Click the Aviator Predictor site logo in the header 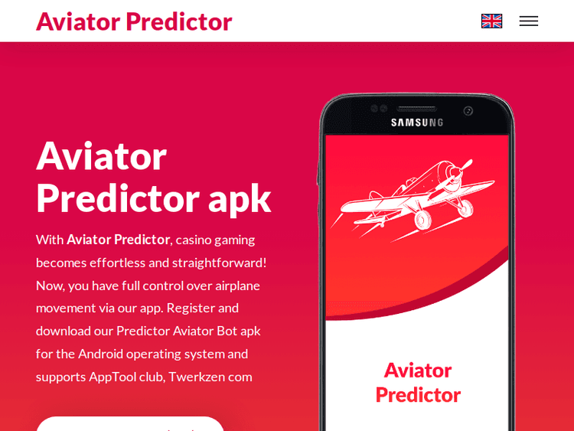[134, 21]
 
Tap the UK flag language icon [491, 21]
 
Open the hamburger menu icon [529, 21]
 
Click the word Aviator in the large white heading [101, 155]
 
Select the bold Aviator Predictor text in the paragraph [118, 240]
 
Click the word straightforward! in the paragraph [220, 263]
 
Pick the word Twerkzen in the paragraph [196, 377]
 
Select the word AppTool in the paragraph [112, 377]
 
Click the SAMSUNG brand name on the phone [417, 122]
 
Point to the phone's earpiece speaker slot [417, 109]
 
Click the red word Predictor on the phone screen [418, 394]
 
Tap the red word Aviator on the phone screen [418, 370]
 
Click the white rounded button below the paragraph [130, 424]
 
